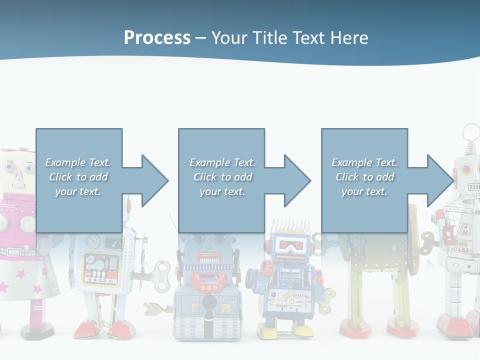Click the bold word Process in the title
point(157,38)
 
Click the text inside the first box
point(78,177)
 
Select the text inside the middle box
point(222,177)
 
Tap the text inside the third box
point(364,177)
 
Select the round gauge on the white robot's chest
point(93,241)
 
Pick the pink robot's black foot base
point(37,330)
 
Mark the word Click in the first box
point(61,177)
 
